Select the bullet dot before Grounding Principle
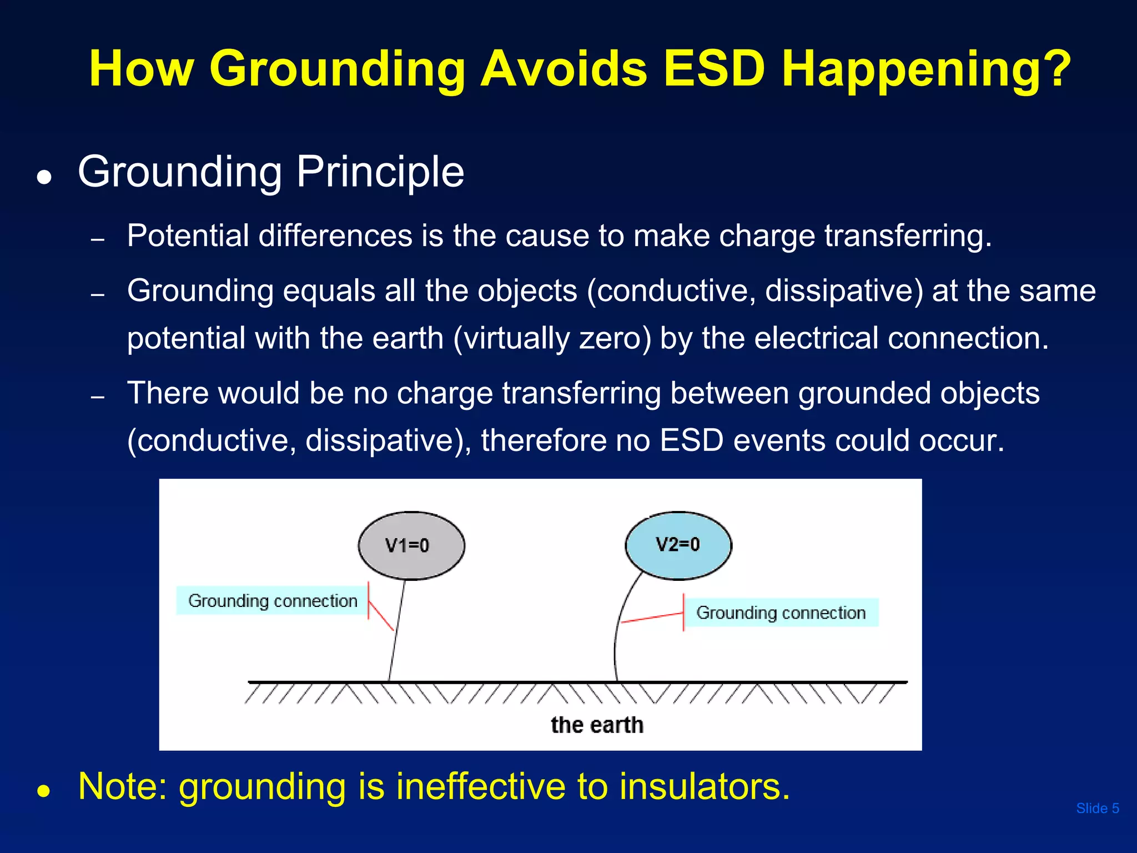[x=44, y=178]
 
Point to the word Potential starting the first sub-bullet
[x=187, y=235]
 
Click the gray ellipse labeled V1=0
[x=411, y=545]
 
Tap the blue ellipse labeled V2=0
[x=678, y=545]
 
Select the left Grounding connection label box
[x=272, y=601]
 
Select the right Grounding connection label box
[x=781, y=613]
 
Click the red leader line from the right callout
[x=652, y=618]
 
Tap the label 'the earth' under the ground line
[x=597, y=725]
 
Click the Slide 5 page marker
[x=1097, y=809]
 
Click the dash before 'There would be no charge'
[x=98, y=398]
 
